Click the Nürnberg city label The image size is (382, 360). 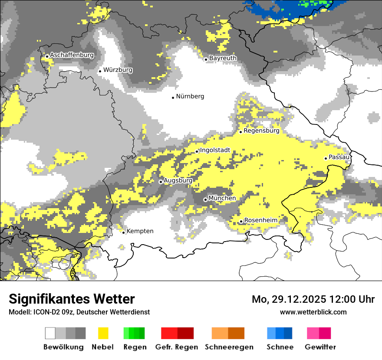click(x=190, y=96)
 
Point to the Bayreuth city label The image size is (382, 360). click(x=223, y=58)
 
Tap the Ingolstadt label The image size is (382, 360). click(x=215, y=150)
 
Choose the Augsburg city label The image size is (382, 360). click(x=178, y=180)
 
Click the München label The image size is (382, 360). click(x=222, y=198)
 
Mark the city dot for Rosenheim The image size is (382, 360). click(x=241, y=222)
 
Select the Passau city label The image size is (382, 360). click(x=339, y=157)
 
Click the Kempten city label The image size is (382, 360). click(x=140, y=231)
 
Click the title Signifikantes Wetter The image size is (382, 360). click(x=72, y=299)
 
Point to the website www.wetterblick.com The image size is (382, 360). click(x=313, y=312)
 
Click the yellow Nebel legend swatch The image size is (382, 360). click(x=103, y=333)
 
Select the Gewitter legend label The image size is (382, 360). click(x=320, y=347)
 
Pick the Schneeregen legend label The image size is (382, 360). click(x=229, y=347)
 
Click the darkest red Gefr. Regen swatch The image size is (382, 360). click(x=185, y=333)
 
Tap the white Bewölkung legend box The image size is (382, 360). click(x=50, y=333)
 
